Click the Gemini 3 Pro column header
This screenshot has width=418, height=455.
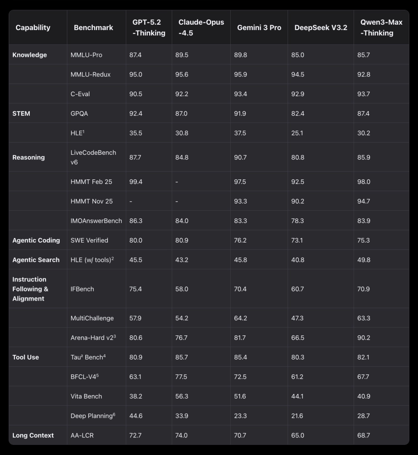pyautogui.click(x=259, y=28)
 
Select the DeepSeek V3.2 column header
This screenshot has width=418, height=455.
pyautogui.click(x=321, y=28)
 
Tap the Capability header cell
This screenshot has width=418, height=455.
pyautogui.click(x=33, y=28)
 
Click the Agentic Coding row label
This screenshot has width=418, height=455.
pyautogui.click(x=36, y=240)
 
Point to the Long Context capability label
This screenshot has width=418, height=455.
pyautogui.click(x=33, y=435)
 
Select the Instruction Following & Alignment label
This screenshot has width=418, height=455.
pyautogui.click(x=31, y=289)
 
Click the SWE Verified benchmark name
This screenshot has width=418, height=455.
pyautogui.click(x=89, y=240)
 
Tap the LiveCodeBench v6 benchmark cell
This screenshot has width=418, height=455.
pyautogui.click(x=94, y=157)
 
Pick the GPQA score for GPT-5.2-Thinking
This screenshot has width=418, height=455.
pyautogui.click(x=136, y=113)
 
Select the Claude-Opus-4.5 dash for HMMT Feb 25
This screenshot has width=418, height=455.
pyautogui.click(x=177, y=182)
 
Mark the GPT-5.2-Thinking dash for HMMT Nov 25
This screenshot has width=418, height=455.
pyautogui.click(x=131, y=201)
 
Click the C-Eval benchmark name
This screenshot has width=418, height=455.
pyautogui.click(x=80, y=94)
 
